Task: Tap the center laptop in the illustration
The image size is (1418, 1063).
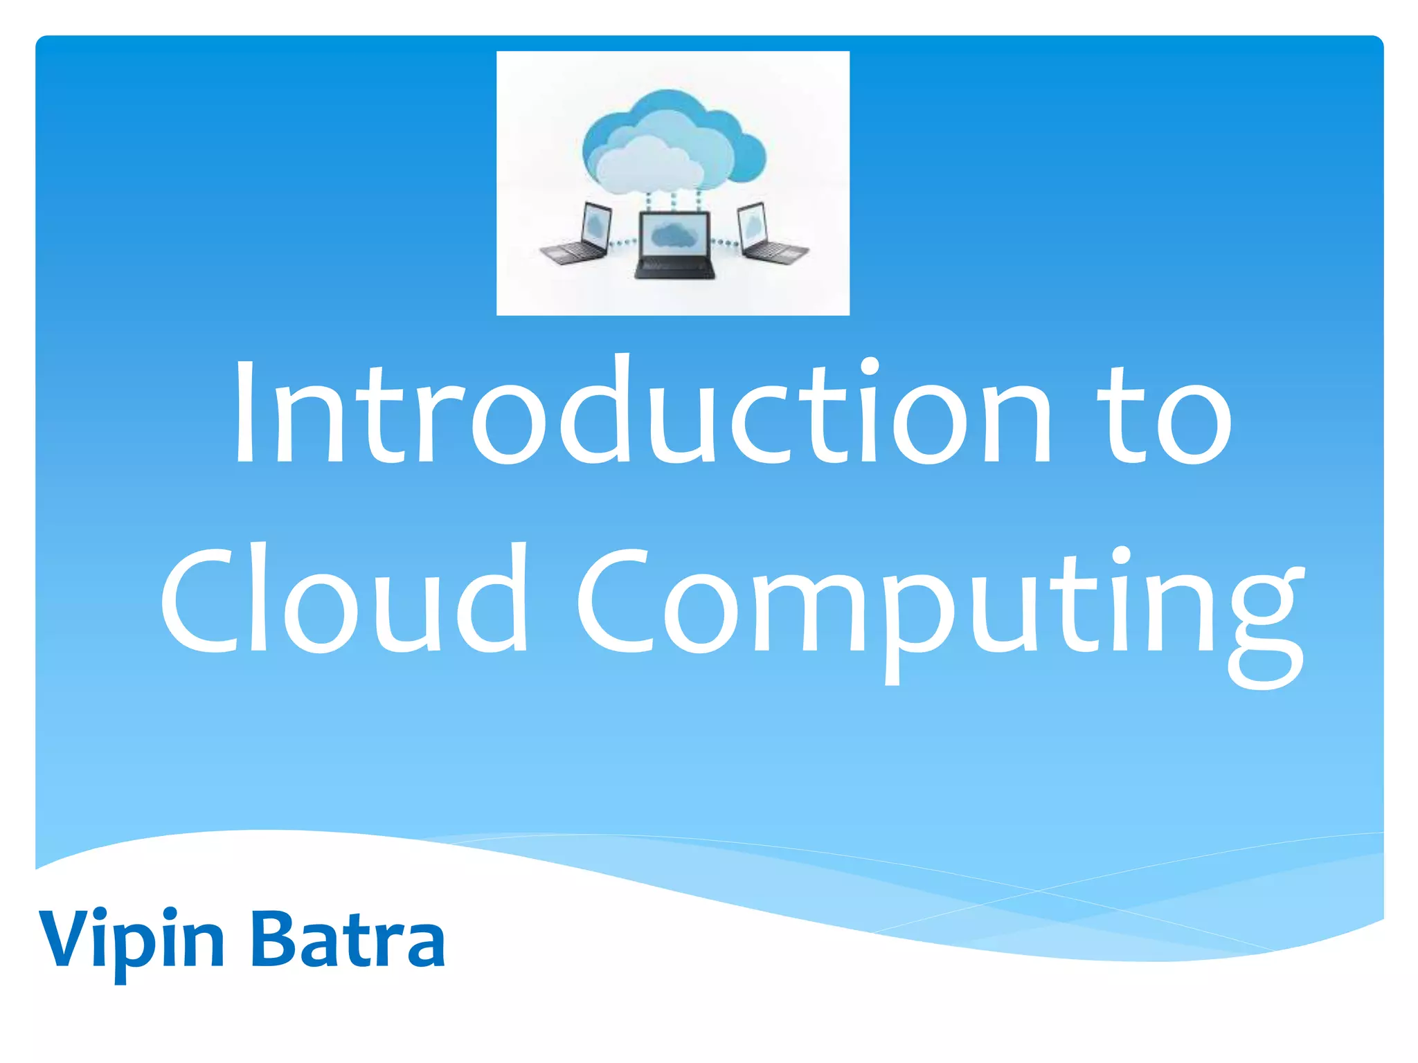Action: pos(674,246)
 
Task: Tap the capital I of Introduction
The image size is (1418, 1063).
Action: pos(244,412)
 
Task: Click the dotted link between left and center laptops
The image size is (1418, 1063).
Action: pos(625,242)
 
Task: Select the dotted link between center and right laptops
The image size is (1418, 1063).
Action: pos(725,242)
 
